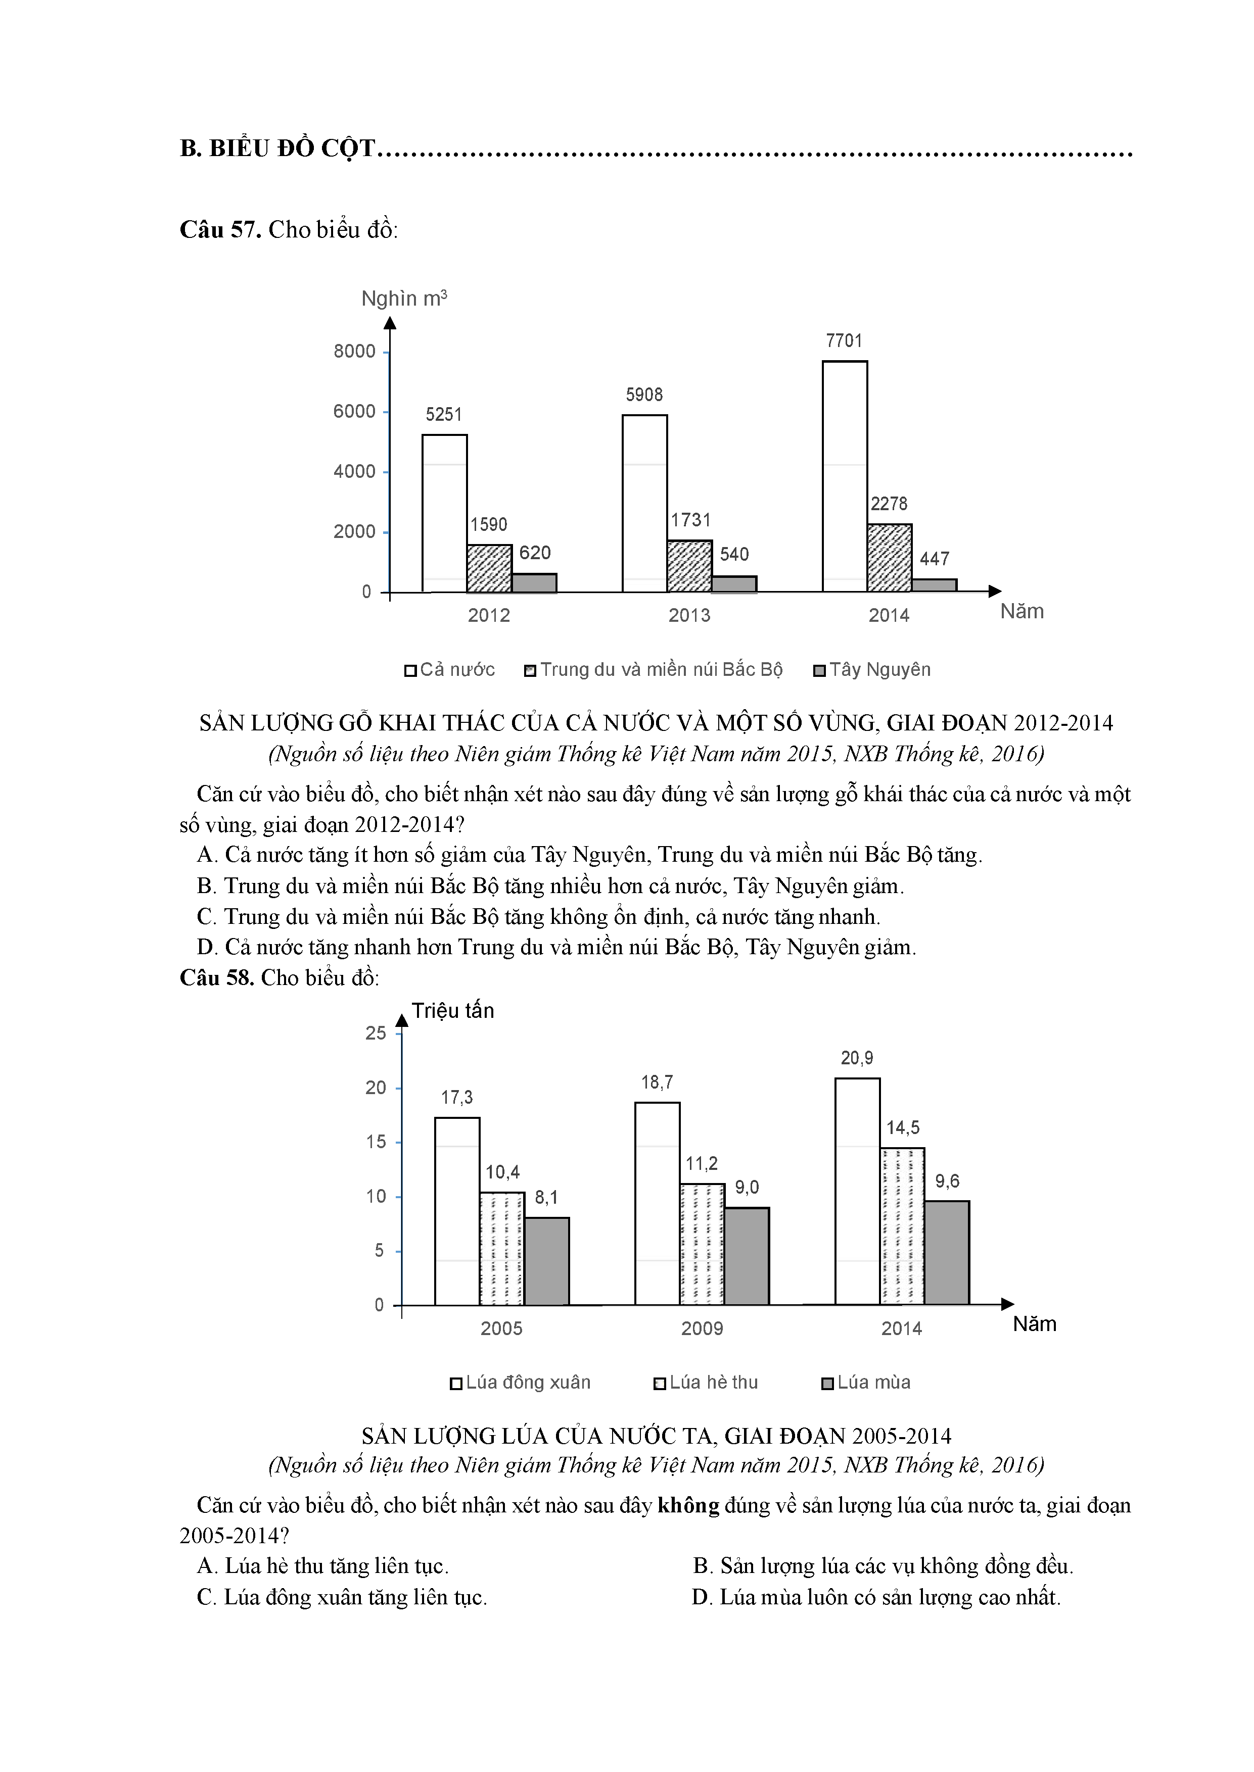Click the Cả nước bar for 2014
(844, 476)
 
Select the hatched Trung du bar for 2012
(489, 569)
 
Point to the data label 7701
(844, 341)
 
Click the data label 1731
(690, 520)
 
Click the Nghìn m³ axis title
(404, 299)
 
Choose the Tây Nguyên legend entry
(872, 670)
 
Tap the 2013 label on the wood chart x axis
(689, 615)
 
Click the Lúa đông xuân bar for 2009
(657, 1203)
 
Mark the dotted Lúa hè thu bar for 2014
(902, 1226)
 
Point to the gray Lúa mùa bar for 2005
(547, 1261)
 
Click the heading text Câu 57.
(221, 230)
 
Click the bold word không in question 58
(688, 1506)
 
